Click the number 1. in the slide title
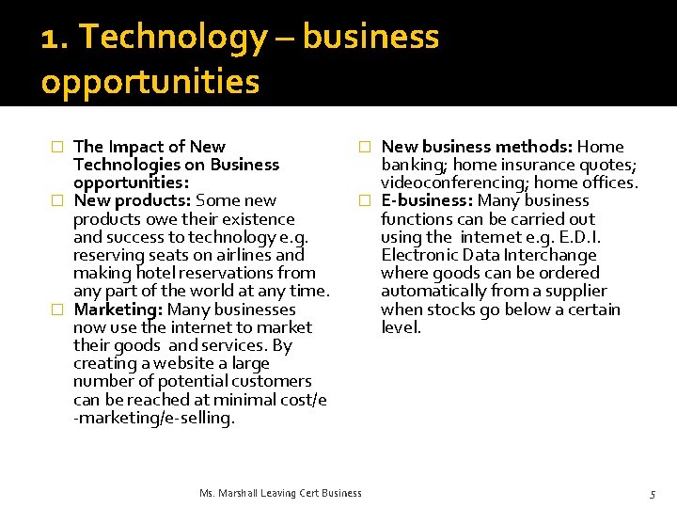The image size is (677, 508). click(x=55, y=38)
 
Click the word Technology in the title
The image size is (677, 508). click(x=174, y=38)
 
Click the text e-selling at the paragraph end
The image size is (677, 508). click(x=200, y=418)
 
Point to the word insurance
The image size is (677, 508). click(x=530, y=165)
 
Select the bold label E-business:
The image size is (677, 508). click(x=427, y=200)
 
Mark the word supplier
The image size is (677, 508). click(x=575, y=292)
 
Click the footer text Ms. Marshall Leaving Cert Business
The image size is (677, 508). click(x=280, y=493)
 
